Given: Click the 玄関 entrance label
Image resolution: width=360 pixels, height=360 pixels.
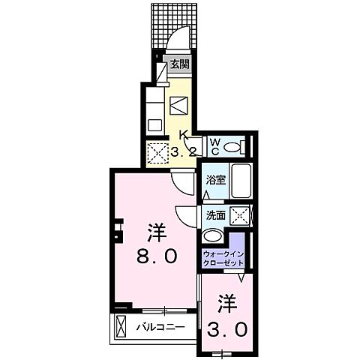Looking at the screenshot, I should pos(178,64).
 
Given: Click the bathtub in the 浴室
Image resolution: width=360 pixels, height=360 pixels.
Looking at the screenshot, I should pos(241,180).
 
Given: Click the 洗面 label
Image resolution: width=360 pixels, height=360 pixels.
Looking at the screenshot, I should pos(216,214).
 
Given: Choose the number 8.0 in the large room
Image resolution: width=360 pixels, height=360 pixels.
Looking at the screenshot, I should pos(157,256).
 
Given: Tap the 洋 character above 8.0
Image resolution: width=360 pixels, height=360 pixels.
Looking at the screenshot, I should pos(156,229).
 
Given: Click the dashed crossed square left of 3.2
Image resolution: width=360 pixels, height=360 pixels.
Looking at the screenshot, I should pos(158,154).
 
